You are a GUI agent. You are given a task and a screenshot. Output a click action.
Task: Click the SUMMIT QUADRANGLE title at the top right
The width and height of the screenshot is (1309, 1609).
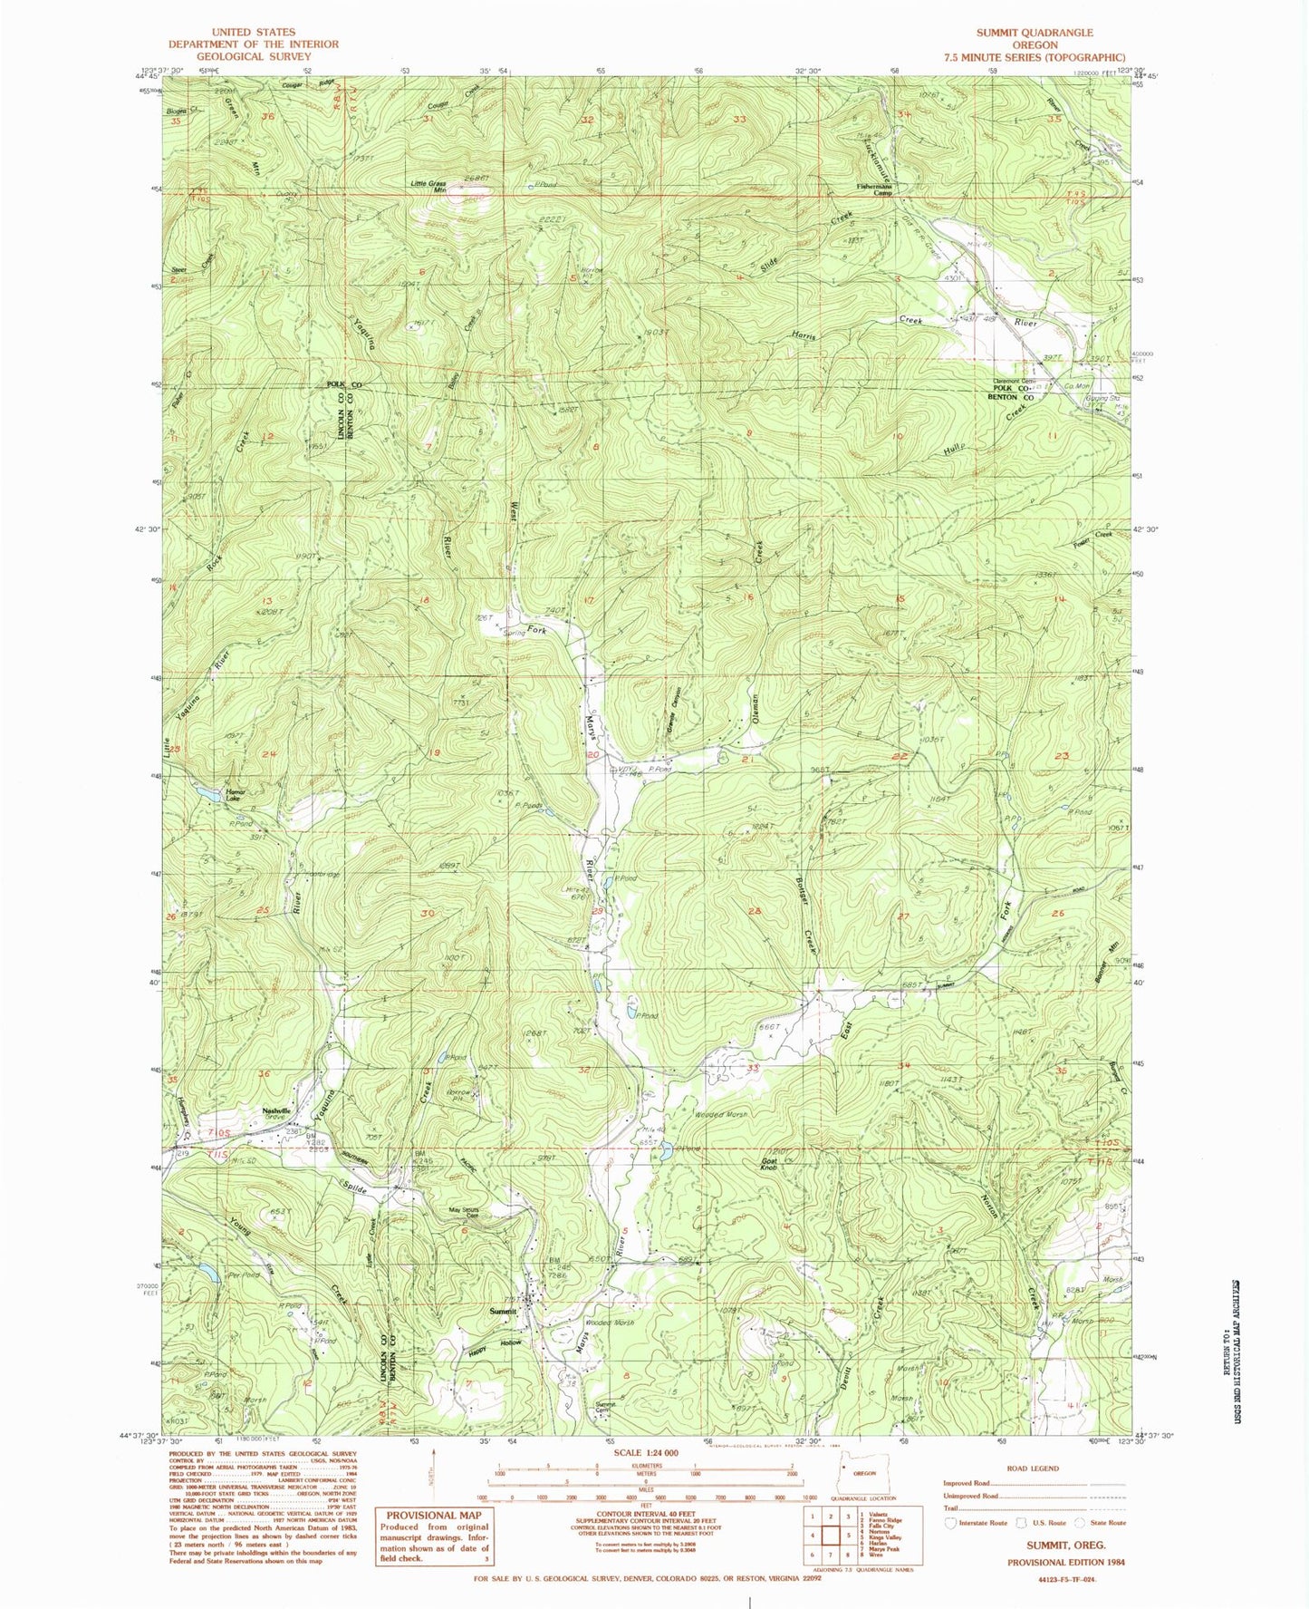coord(1035,32)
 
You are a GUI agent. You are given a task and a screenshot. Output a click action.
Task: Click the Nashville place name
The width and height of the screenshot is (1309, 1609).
coord(276,1111)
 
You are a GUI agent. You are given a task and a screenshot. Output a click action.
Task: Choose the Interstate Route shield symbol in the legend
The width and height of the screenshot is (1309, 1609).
coord(951,1523)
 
